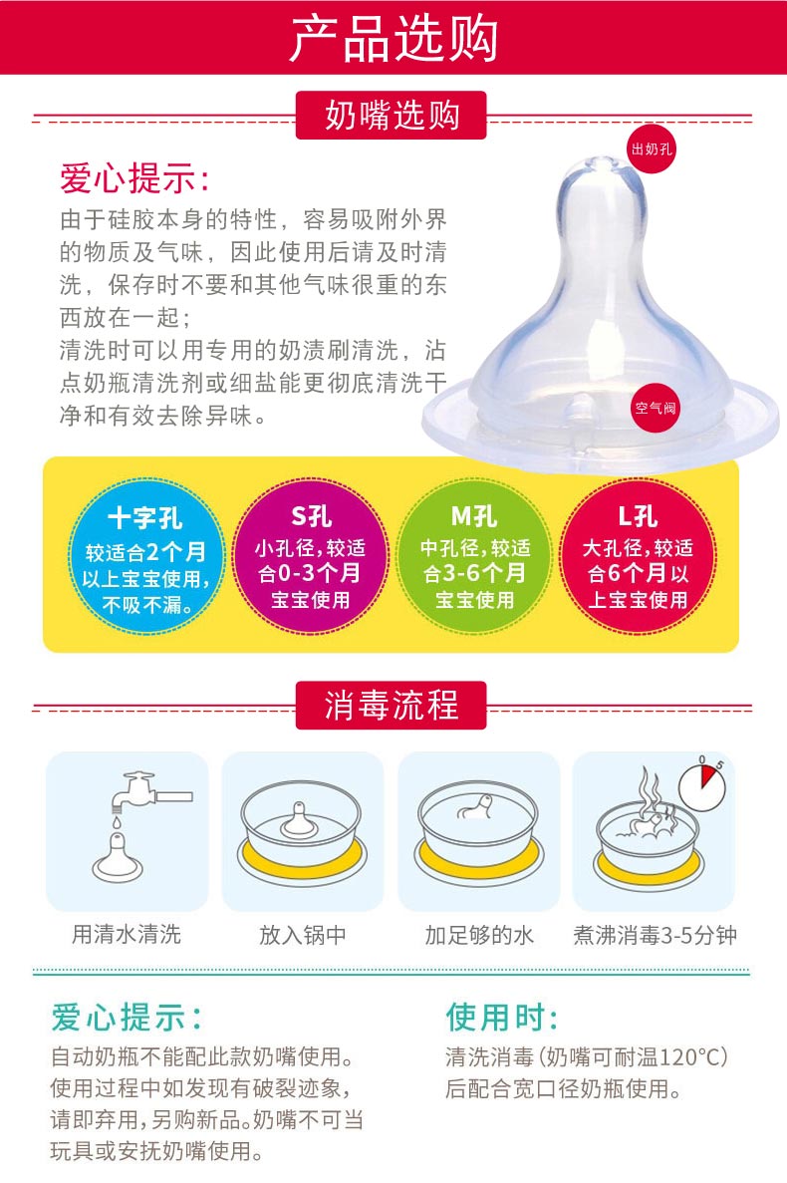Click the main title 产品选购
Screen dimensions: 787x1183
click(393, 38)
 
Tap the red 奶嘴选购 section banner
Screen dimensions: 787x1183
click(392, 116)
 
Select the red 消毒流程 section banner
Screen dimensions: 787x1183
click(392, 706)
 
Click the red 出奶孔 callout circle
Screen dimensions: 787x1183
click(652, 149)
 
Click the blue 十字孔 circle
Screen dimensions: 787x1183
click(145, 557)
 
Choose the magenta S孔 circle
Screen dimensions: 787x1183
click(311, 557)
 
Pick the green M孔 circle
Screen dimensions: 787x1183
click(475, 557)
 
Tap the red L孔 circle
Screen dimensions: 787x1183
click(639, 557)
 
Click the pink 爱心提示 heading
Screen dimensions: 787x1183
click(134, 178)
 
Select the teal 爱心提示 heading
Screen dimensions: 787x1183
click(127, 1017)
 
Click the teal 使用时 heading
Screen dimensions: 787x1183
click(501, 1017)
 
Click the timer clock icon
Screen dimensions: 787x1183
click(701, 785)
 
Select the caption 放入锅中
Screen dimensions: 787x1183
click(302, 935)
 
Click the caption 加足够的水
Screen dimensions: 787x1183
click(479, 935)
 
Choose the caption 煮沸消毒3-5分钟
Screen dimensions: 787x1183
click(656, 935)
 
